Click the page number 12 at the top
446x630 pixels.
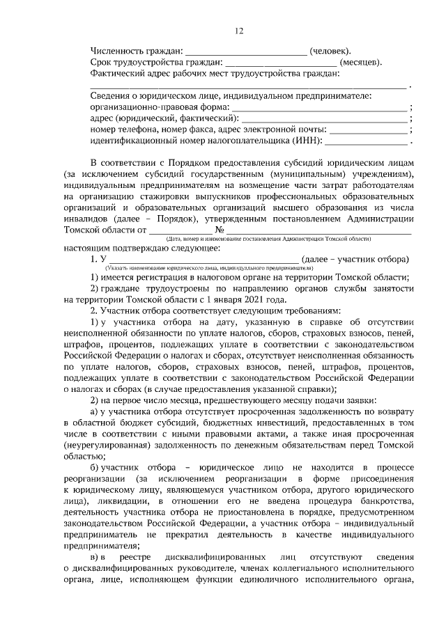[239, 31]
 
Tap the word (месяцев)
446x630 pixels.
[360, 63]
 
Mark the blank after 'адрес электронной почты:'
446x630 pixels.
[369, 132]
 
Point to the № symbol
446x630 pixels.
[220, 229]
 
